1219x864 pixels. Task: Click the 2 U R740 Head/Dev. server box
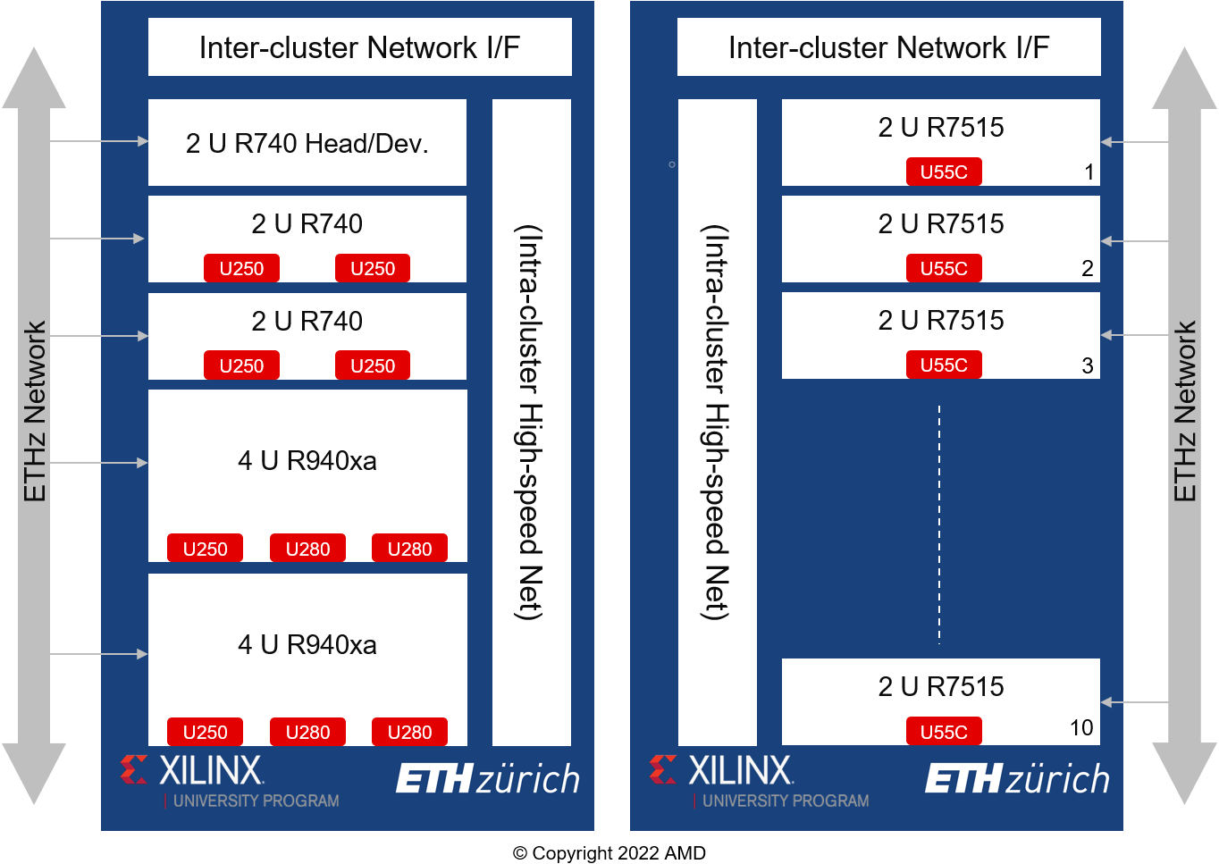307,142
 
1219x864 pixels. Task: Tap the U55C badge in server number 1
944,172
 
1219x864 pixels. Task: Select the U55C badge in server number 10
944,732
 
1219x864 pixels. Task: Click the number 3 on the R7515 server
1088,365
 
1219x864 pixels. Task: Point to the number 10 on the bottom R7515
1081,727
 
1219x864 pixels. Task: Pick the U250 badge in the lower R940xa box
206,732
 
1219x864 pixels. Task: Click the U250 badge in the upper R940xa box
206,549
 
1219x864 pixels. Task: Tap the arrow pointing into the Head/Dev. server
98,141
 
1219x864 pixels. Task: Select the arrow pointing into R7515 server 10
1134,702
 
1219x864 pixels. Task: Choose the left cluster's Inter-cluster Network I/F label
360,47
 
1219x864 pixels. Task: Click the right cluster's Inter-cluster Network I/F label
888,47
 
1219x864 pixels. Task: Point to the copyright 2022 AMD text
609,852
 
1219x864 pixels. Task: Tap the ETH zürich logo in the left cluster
488,778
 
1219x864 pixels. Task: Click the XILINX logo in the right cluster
721,770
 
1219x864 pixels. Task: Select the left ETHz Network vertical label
35,411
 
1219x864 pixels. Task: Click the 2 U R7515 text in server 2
941,223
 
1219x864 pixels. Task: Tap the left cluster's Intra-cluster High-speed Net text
528,423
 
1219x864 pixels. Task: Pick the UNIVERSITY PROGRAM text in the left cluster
256,801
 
